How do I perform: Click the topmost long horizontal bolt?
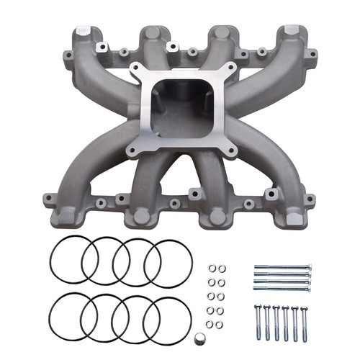(282, 266)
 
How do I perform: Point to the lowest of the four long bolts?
(282, 289)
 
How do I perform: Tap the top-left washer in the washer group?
(212, 269)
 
